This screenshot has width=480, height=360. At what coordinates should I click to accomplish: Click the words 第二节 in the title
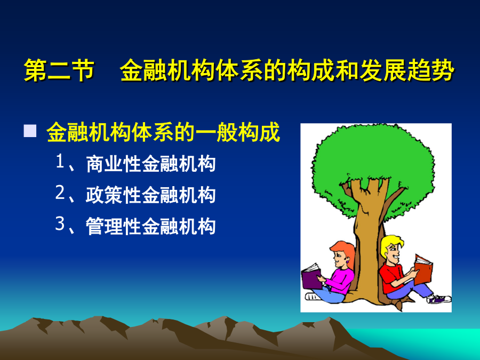(x=59, y=70)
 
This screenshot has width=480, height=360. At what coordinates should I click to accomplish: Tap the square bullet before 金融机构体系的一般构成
(x=30, y=131)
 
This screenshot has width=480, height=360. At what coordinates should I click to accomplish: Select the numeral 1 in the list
(x=60, y=161)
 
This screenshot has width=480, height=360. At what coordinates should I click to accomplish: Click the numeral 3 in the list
(x=60, y=223)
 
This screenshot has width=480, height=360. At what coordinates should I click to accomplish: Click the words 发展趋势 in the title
(x=407, y=70)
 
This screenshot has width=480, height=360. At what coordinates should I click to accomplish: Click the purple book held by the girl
(x=311, y=276)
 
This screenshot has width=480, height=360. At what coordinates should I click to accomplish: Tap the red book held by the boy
(x=423, y=269)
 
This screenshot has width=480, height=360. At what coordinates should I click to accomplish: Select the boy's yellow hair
(x=390, y=244)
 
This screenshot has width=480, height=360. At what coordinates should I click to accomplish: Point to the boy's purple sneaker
(x=439, y=299)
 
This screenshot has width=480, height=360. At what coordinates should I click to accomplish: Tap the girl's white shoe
(x=313, y=297)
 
